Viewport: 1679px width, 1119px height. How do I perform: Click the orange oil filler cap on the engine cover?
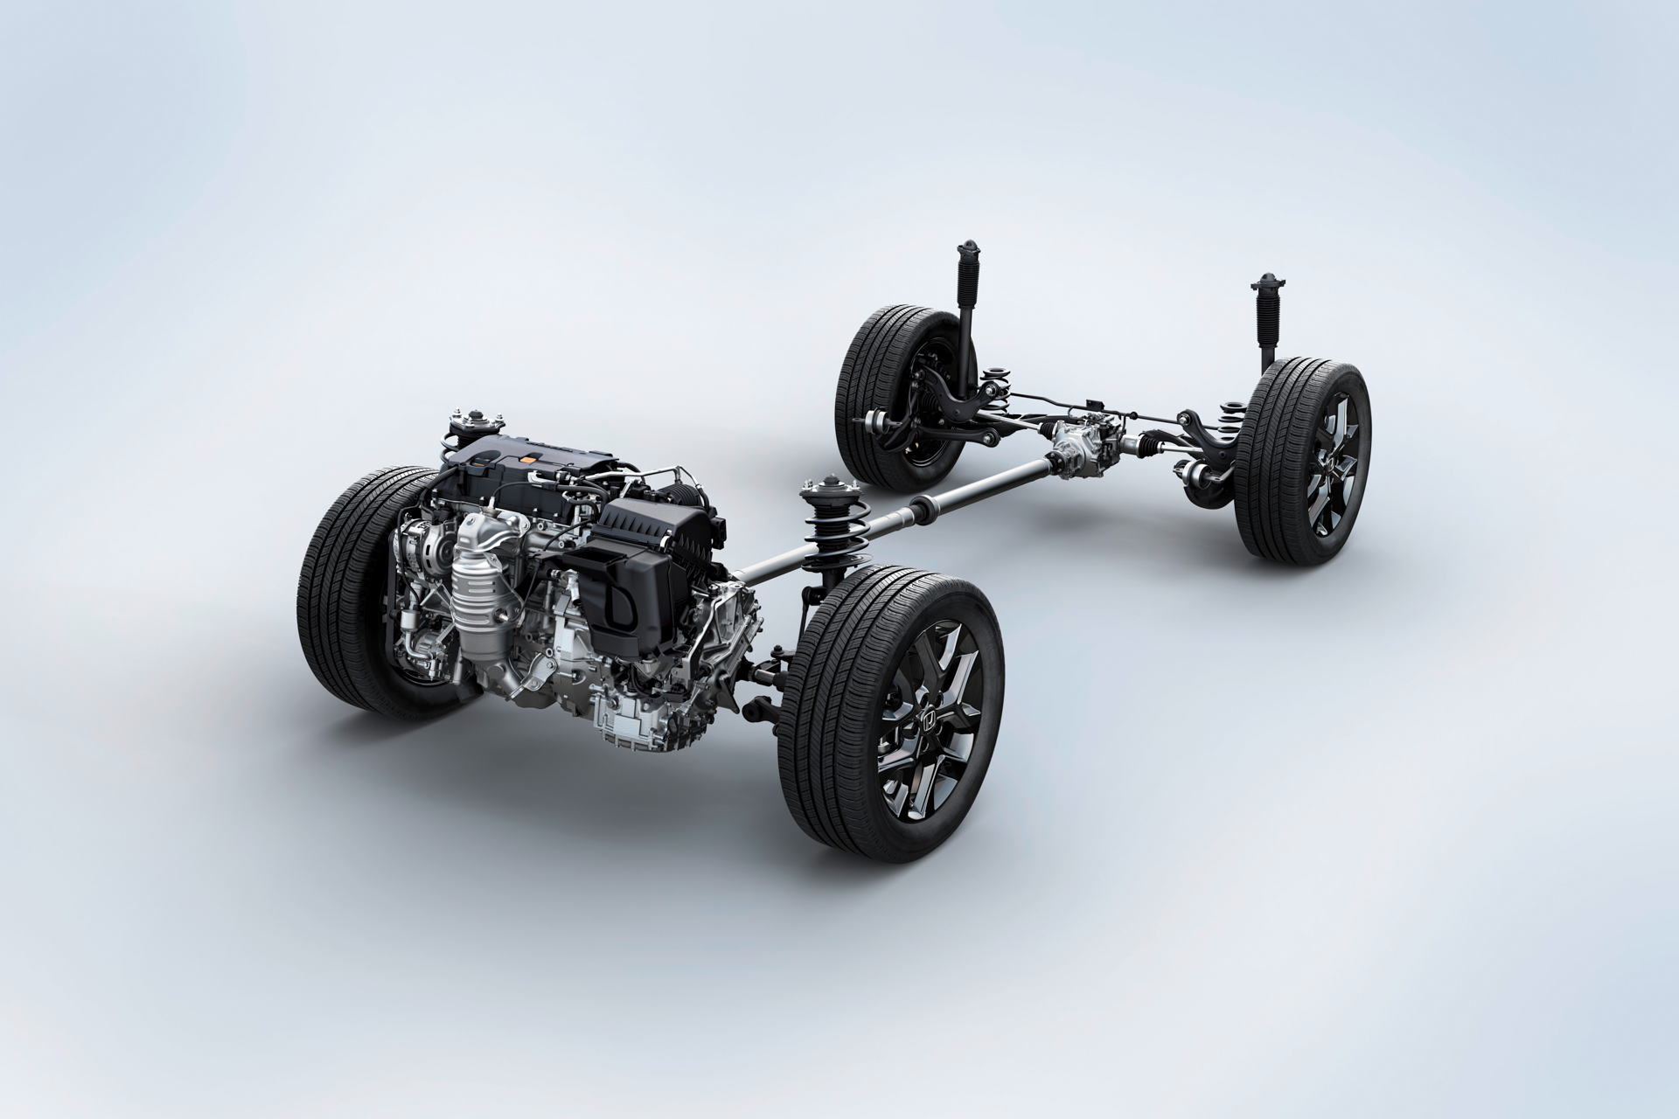click(530, 456)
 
